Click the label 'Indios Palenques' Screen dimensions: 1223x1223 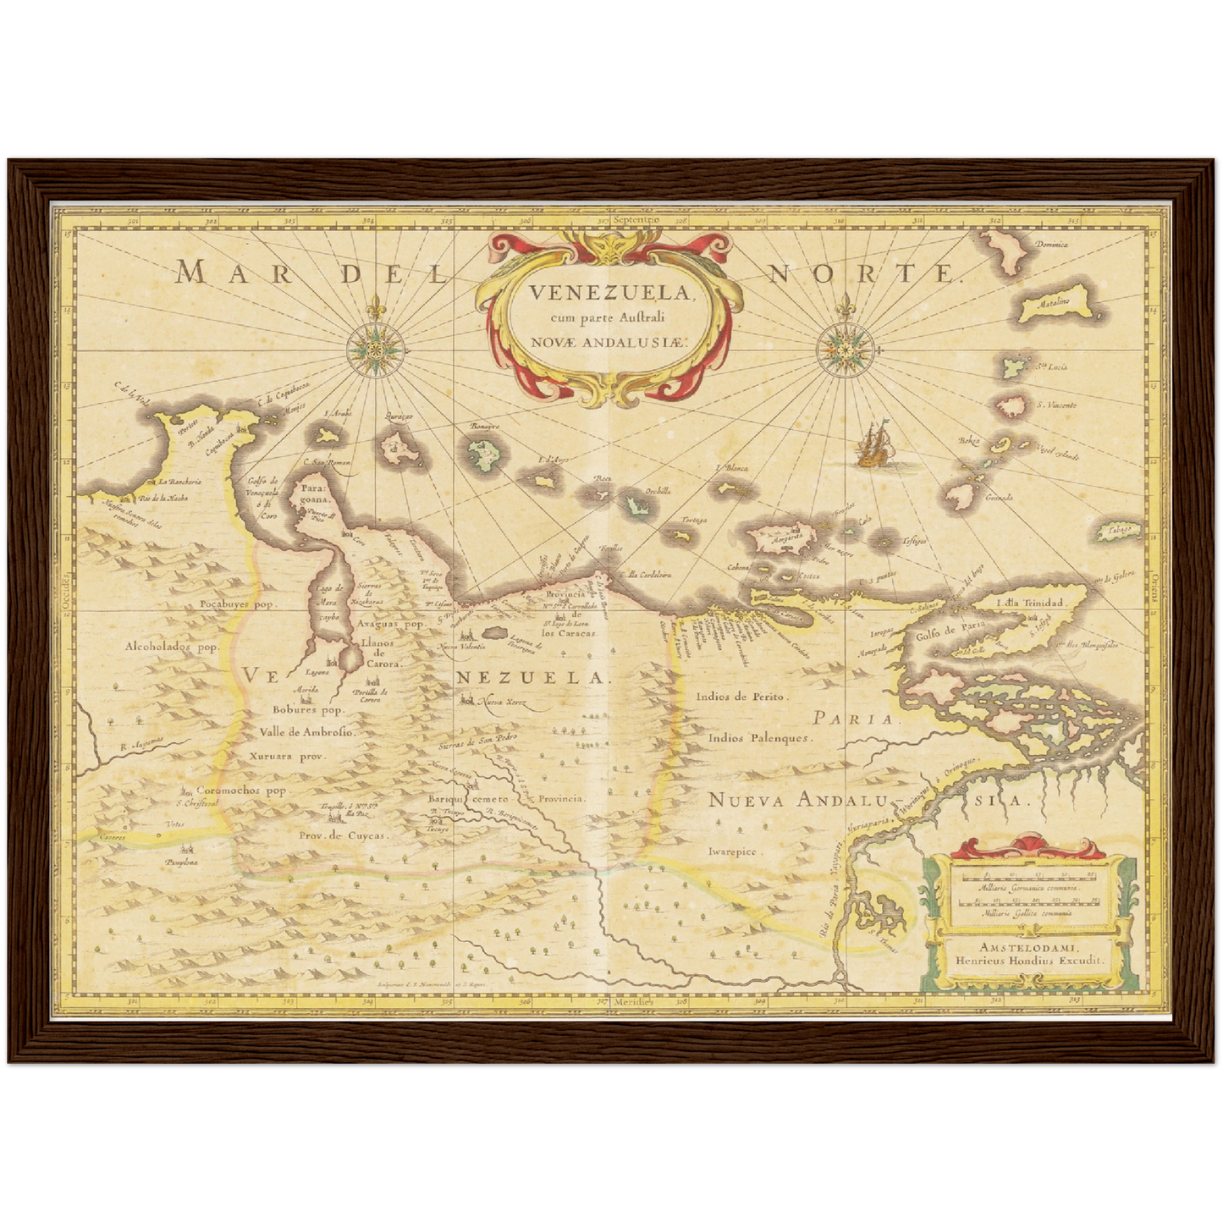(760, 737)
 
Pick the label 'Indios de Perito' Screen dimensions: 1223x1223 (742, 697)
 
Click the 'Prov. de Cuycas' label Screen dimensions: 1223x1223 (343, 835)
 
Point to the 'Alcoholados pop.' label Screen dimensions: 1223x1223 (172, 646)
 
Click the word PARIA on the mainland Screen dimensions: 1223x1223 (853, 719)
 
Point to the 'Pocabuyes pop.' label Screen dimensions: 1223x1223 (238, 604)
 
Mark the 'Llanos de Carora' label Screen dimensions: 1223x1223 (377, 653)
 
